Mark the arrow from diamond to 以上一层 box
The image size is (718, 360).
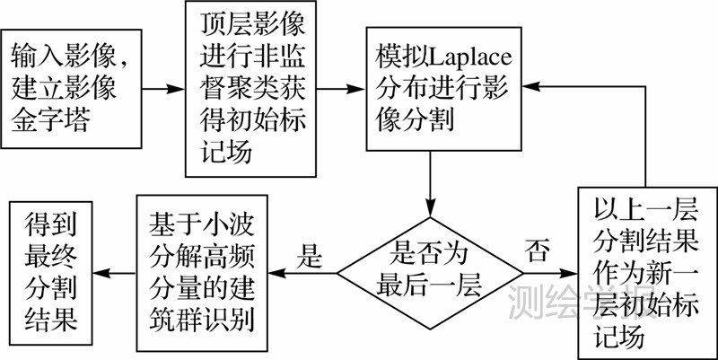coord(552,269)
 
